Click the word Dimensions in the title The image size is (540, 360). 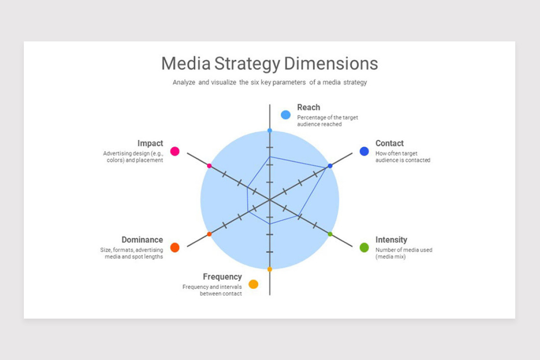pos(331,63)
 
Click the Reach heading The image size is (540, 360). pos(309,107)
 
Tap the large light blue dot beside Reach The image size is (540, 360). pos(286,115)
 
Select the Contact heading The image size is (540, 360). pos(389,143)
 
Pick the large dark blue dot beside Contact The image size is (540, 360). pos(364,151)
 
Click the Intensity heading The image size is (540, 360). pos(391,240)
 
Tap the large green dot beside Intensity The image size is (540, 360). pos(364,247)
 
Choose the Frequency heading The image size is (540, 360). pos(222,277)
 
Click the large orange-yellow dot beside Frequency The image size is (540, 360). pos(253,284)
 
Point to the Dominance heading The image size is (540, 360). pos(142,240)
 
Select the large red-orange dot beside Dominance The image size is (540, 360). pos(175,247)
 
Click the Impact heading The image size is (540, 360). pos(150,143)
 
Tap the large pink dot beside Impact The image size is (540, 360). pos(175,151)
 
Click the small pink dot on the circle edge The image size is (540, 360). pos(209,166)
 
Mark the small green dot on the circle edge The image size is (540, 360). pos(330,234)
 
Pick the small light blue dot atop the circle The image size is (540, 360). pos(270,130)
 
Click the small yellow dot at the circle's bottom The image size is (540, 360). pos(270,269)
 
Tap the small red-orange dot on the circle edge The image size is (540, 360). pos(209,234)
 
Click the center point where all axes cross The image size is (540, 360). pos(270,200)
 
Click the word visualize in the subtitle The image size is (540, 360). pos(224,82)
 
